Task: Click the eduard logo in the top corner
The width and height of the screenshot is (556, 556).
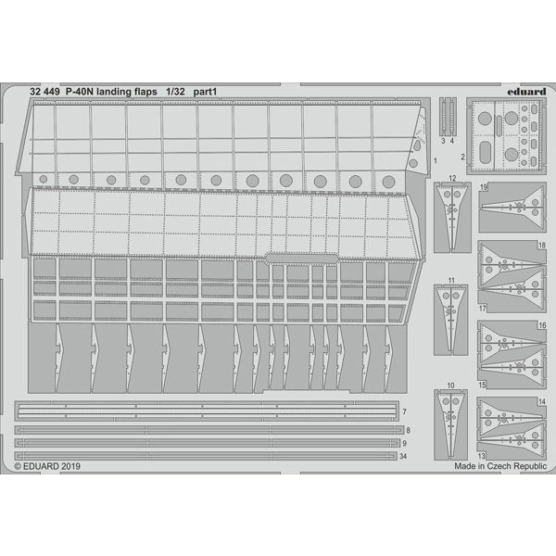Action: pos(526,92)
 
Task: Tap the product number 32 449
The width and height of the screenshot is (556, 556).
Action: pos(44,92)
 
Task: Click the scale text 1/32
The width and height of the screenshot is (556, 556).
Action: pos(175,92)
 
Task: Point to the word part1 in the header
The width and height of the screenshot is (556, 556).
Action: pos(205,92)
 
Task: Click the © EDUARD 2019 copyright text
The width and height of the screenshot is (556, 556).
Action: pos(47,466)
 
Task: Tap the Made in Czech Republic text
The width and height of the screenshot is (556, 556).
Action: pos(500,466)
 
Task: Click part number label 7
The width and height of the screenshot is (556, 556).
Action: pos(404,412)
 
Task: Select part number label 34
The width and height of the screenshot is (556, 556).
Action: pos(403,457)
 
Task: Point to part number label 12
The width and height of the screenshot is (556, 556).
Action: pos(452,178)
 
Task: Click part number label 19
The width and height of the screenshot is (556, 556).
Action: pos(484,187)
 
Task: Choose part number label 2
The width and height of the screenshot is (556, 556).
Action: pos(462,157)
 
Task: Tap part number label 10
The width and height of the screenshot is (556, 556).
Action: pos(450,385)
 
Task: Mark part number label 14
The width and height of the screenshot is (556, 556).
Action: pos(542,402)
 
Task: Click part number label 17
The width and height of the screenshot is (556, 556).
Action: pos(482,309)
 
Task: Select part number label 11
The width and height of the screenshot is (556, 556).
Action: pos(451,281)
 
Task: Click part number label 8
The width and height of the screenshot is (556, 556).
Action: pos(408,431)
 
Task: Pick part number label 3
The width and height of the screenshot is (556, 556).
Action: pos(443,141)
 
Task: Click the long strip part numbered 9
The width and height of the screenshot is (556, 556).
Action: pos(207,443)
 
